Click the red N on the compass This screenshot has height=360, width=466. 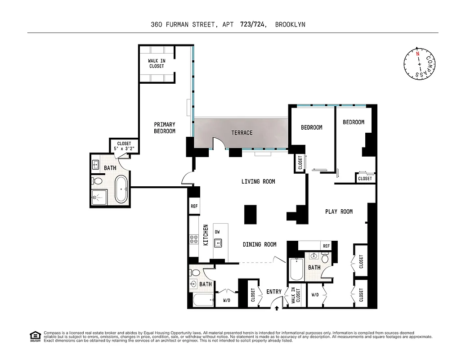pos(417,54)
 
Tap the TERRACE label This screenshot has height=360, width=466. pos(242,133)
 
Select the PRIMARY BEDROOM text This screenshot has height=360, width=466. pos(165,128)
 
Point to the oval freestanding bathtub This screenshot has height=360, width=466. pos(121,189)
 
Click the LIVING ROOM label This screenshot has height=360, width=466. pos(258,182)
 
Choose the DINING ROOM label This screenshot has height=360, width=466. pos(260,244)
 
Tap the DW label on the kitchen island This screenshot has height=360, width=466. pos(217,232)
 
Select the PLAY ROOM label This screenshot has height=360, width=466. pos(339,211)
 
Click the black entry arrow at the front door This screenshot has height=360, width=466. pos(277,308)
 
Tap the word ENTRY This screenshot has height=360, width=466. pos(274,292)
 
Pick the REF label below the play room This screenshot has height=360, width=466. pos(326,246)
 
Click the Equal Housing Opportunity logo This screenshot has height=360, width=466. pos(35,336)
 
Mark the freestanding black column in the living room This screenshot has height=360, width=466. pos(251,215)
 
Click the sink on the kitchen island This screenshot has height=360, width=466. pos(219,243)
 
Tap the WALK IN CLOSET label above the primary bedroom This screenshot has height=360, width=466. pos(157,63)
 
